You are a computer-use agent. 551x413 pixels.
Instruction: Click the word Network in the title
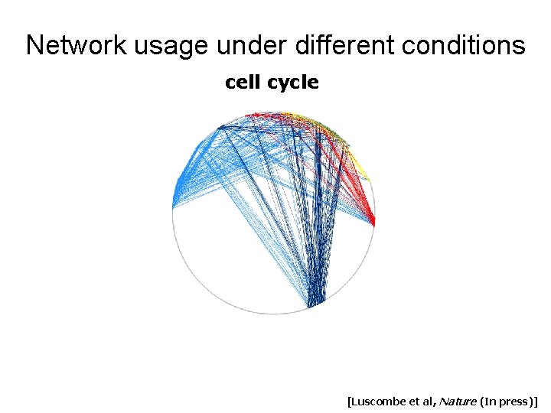pyautogui.click(x=77, y=46)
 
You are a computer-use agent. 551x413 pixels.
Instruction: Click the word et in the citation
pyautogui.click(x=420, y=401)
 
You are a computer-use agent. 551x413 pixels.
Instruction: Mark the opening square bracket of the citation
pyautogui.click(x=349, y=401)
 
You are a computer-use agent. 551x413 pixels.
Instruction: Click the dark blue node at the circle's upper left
pyautogui.click(x=220, y=127)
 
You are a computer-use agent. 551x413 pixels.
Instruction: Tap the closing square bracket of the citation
pyautogui.click(x=536, y=401)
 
